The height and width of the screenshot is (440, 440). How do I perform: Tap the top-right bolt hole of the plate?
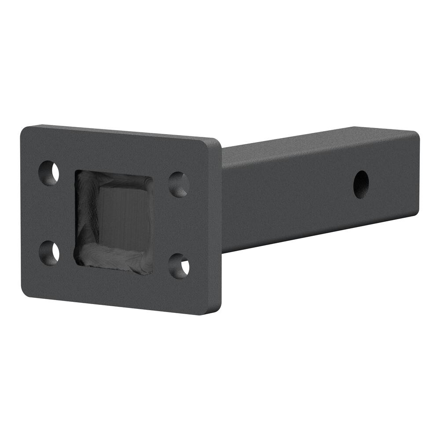pos(179,184)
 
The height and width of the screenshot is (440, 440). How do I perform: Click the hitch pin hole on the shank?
pos(361,184)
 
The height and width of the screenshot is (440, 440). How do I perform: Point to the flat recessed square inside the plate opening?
pos(125,218)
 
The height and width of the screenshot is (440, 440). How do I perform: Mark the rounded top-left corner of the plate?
pos(26,130)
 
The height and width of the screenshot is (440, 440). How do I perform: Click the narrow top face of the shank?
pos(317,140)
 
